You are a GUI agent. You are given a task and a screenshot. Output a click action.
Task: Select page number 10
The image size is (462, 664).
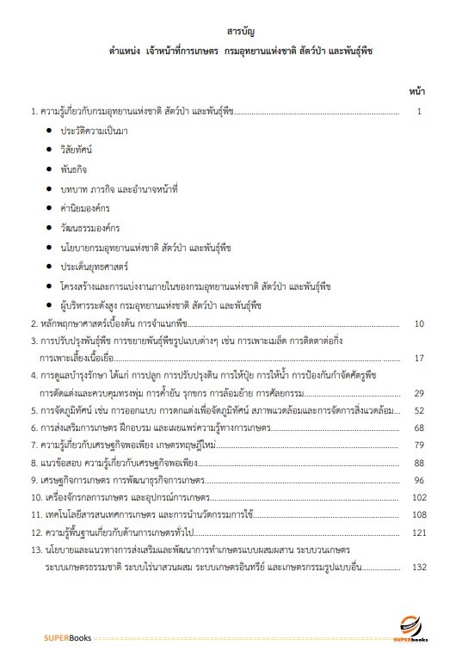(x=419, y=323)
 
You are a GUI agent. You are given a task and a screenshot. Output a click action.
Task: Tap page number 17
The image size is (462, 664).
(x=419, y=358)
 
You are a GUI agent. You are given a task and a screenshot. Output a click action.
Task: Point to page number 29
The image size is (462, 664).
(x=419, y=393)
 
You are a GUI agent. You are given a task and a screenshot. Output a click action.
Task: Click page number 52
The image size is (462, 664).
(x=419, y=410)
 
